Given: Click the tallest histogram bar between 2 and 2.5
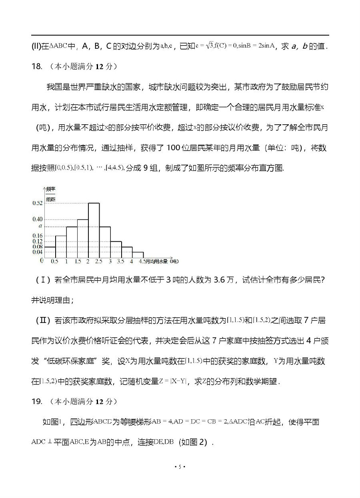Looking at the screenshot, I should pyautogui.click(x=94, y=231).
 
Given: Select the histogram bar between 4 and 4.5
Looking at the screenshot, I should pyautogui.click(x=138, y=255).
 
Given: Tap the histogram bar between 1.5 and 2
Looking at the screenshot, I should pyautogui.click(x=82, y=239).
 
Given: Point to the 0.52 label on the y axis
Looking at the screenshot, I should pyautogui.click(x=37, y=203).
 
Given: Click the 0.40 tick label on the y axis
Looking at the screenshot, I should pyautogui.click(x=37, y=219).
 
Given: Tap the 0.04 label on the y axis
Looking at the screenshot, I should pyautogui.click(x=37, y=252).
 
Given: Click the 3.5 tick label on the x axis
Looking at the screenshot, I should pyautogui.click(x=120, y=262).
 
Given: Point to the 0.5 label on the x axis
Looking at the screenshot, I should pyautogui.click(x=55, y=262).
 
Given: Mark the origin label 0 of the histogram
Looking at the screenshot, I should pyautogui.click(x=42, y=261).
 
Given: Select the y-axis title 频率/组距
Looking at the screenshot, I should pyautogui.click(x=50, y=193).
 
